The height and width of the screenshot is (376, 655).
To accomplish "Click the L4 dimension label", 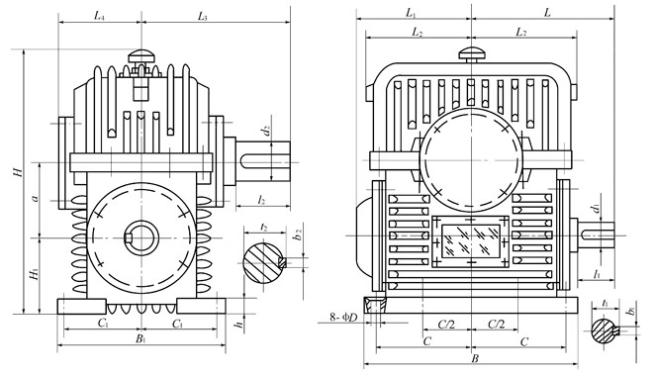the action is click(x=99, y=16).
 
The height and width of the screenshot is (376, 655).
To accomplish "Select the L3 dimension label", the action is click(x=203, y=16).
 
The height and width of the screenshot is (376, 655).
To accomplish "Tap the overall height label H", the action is click(x=18, y=172).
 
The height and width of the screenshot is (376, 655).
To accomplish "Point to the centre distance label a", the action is click(x=36, y=197).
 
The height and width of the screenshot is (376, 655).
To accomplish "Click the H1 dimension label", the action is click(x=35, y=274).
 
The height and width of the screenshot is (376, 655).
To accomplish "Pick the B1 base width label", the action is click(x=140, y=338).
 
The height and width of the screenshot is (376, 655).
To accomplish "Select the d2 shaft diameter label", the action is click(x=267, y=132).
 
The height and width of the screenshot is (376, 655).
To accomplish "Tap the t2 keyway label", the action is click(x=263, y=227).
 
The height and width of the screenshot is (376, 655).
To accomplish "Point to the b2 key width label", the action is click(x=298, y=235).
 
